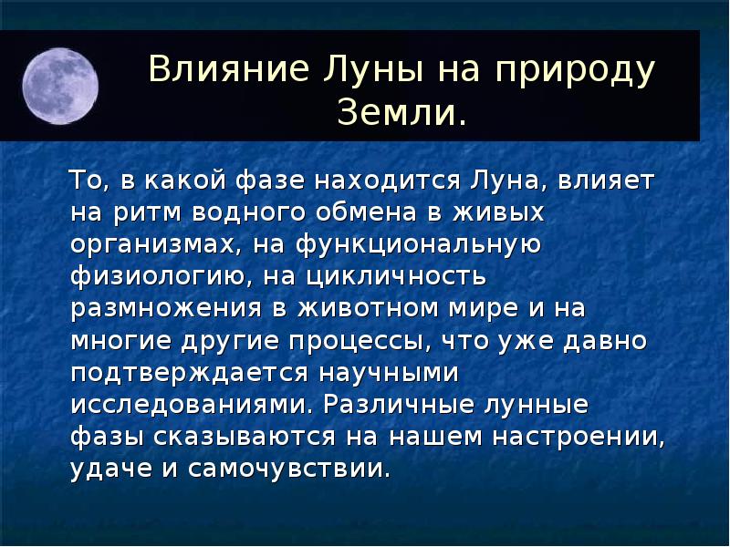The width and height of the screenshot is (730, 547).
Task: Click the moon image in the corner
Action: [59, 86]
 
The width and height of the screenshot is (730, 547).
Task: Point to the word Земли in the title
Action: [396, 113]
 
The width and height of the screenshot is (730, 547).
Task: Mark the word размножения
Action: [170, 309]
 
